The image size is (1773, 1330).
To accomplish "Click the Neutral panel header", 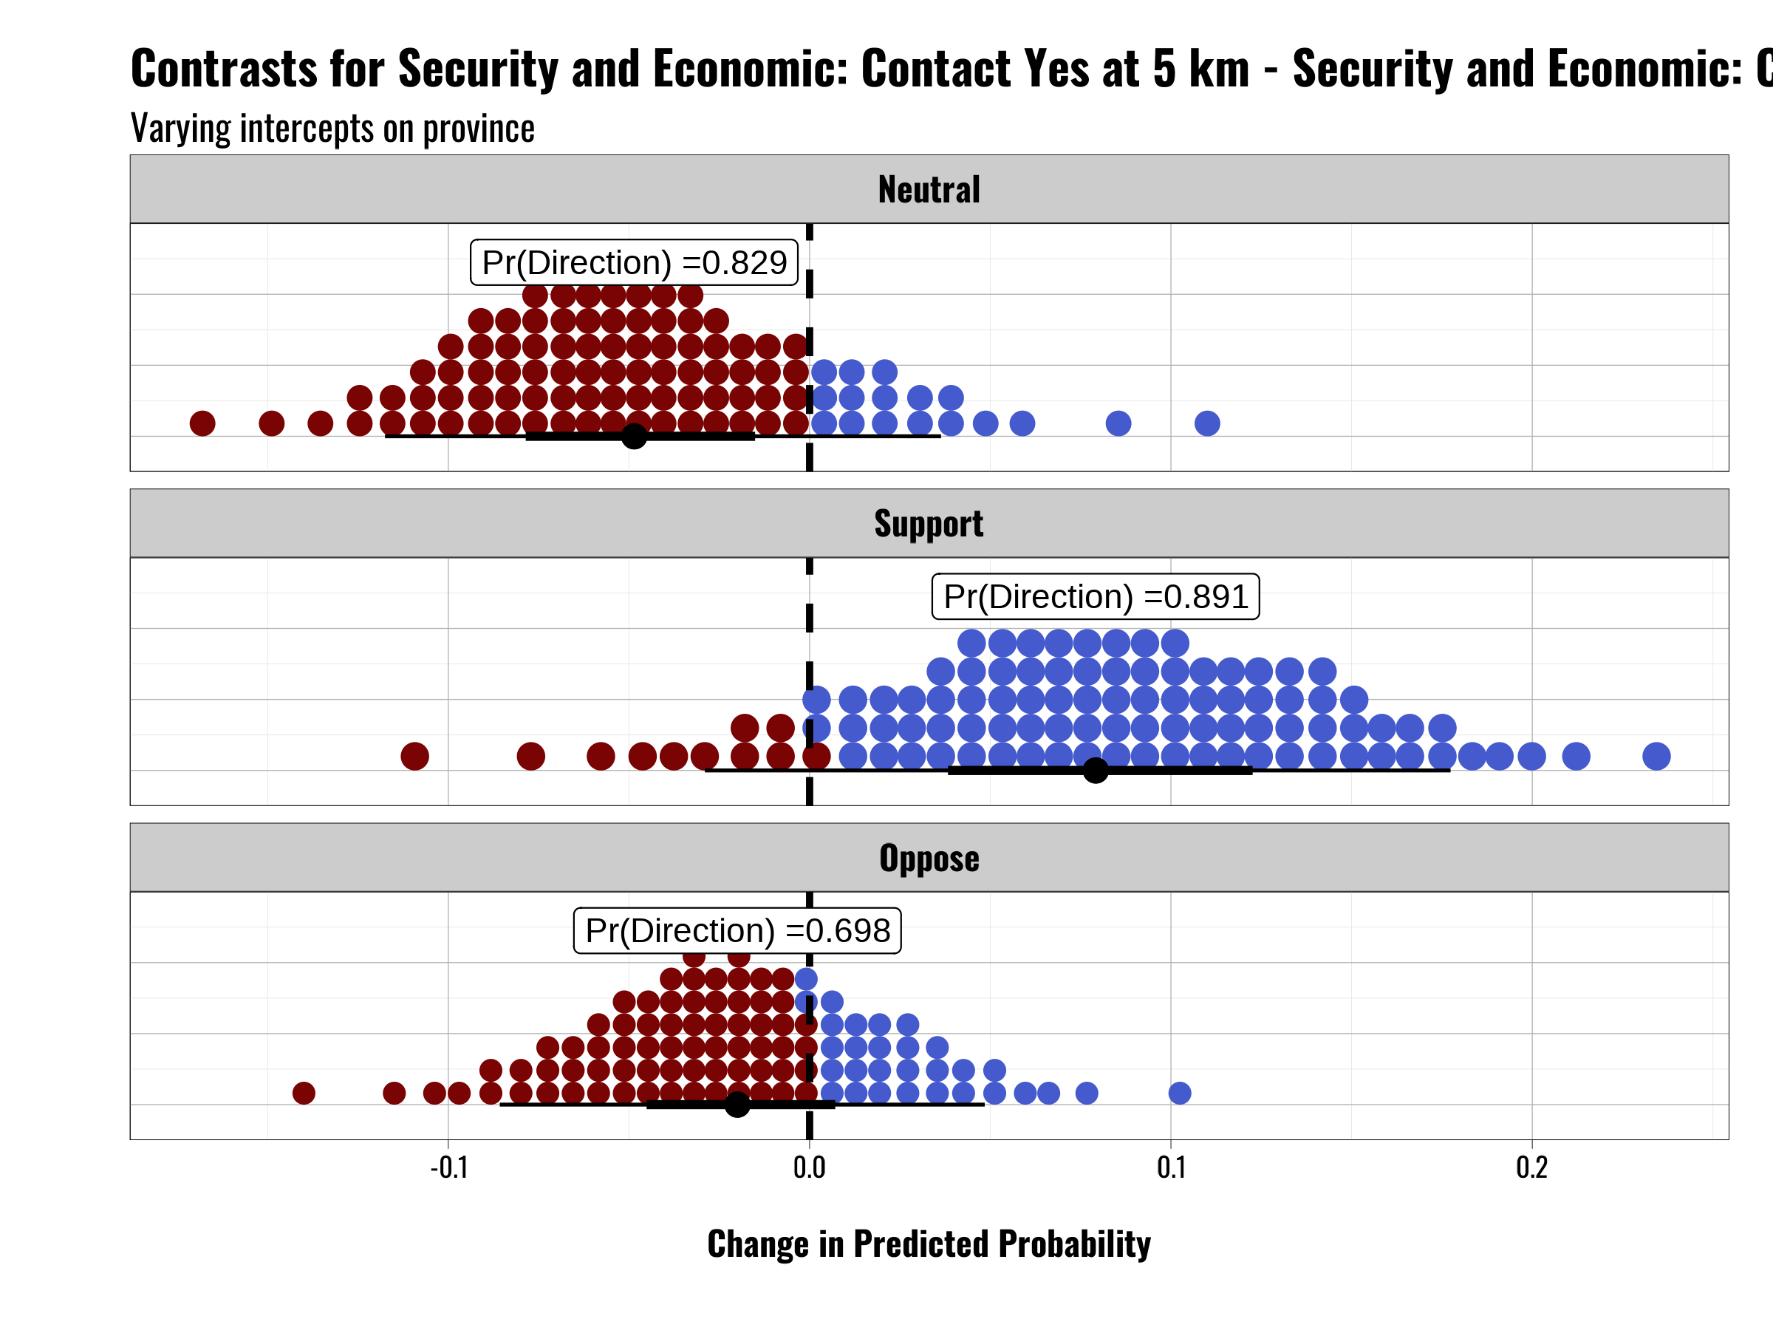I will pos(929,189).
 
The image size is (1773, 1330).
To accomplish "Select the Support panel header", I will pos(929,523).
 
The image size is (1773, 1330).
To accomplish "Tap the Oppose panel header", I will pos(929,858).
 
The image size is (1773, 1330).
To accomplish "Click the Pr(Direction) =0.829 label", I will pos(634,262).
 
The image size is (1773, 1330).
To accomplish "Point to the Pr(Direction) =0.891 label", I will pos(1095,596).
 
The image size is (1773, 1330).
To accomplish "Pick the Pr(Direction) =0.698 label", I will pos(737,931).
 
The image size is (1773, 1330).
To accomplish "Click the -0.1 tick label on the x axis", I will pos(449,1167).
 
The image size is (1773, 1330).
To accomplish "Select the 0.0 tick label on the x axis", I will pos(810,1167).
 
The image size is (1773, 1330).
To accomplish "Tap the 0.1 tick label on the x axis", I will pos(1171,1167).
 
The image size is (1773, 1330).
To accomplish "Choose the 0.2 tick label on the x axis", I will pos(1531,1167).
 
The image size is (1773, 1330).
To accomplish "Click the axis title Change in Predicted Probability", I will pos(929,1244).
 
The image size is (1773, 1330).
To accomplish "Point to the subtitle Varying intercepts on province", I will pos(332,129).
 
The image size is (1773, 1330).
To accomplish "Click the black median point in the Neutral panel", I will pos(634,436).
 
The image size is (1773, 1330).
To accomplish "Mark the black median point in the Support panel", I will pos(1096,771).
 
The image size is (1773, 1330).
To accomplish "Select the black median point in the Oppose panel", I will pos(737,1105).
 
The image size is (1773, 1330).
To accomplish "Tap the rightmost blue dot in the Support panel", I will pos(1656,756).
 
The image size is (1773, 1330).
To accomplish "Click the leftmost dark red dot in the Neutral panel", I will pos(203,423).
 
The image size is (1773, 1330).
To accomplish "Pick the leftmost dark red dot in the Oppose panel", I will pos(304,1093).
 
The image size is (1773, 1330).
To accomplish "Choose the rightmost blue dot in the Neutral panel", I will pos(1207,423).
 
